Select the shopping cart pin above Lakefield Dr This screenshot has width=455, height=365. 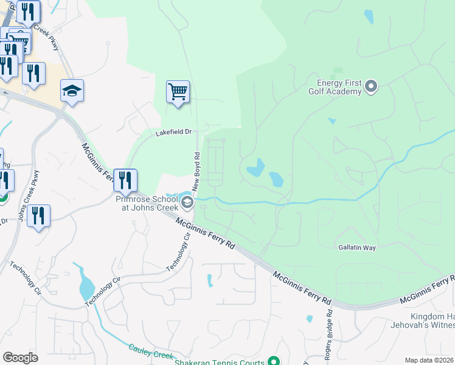click(x=178, y=92)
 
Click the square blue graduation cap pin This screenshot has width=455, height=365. click(x=72, y=91)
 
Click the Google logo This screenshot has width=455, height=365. click(x=21, y=357)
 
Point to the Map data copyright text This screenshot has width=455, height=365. click(x=428, y=360)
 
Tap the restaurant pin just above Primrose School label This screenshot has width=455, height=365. click(x=125, y=181)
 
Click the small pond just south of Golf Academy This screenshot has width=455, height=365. click(x=332, y=121)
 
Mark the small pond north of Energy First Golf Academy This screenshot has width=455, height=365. click(x=369, y=17)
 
